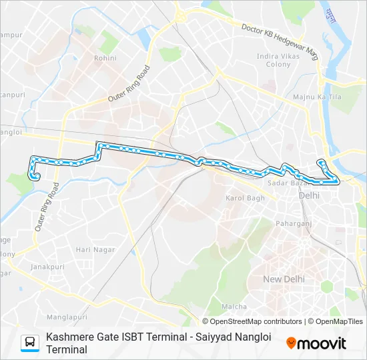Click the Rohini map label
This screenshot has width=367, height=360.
coord(105,58)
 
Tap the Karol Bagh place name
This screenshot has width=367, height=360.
coord(245,198)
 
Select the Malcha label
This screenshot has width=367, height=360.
coord(234,306)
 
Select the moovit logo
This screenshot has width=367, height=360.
coord(316,343)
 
